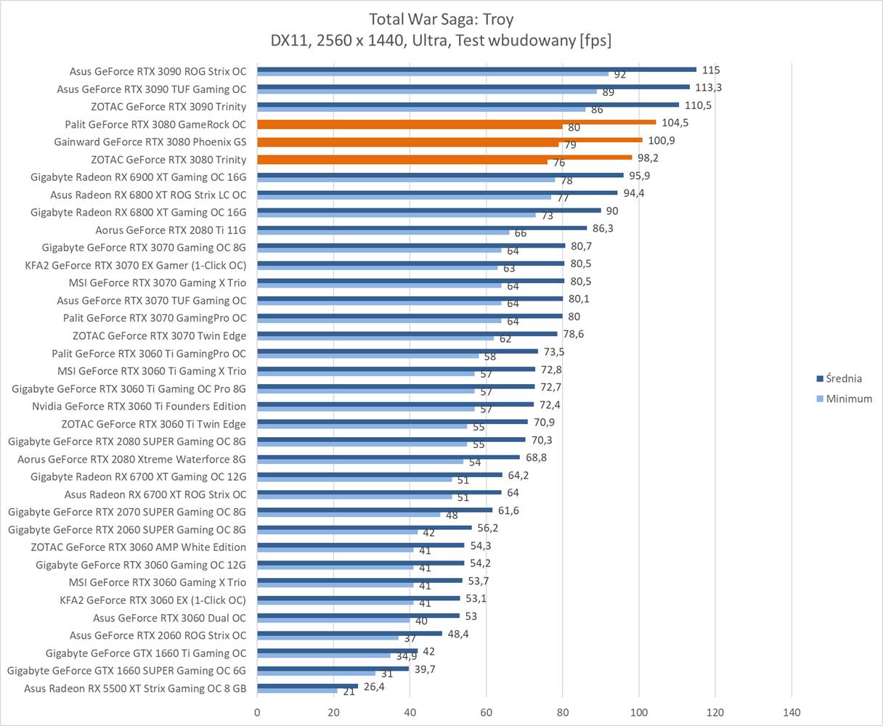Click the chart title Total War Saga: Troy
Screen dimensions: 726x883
pos(441,19)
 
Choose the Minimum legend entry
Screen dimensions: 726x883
pos(848,399)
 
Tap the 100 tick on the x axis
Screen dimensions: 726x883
pos(639,712)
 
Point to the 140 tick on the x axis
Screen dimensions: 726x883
pos(792,712)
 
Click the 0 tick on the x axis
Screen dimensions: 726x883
pos(257,712)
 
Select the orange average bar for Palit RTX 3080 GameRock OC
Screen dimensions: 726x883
pos(456,122)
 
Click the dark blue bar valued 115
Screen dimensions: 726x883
pos(476,69)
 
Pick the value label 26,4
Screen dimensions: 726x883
pos(375,686)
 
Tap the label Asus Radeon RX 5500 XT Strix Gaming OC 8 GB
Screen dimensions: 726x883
pos(135,688)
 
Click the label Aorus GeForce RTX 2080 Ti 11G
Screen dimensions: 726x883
pos(171,230)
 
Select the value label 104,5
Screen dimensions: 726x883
pos(675,123)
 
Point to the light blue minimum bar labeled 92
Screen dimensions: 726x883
pos(433,73)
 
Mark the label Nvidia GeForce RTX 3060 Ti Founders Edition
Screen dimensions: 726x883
pos(139,407)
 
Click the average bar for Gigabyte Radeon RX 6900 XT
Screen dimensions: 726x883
pos(440,175)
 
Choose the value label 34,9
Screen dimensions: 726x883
pos(406,656)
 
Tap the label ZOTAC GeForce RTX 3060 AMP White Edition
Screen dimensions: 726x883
pos(138,547)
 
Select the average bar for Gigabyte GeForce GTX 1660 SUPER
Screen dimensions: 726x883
pos(333,668)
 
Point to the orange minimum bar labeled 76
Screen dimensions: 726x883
pos(402,162)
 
